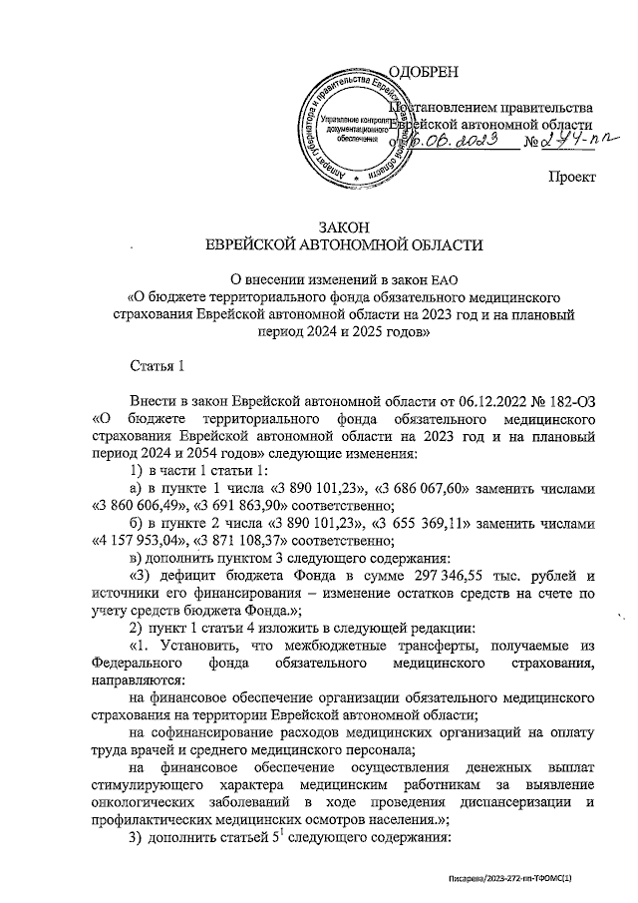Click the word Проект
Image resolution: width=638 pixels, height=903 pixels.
coord(571,177)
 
